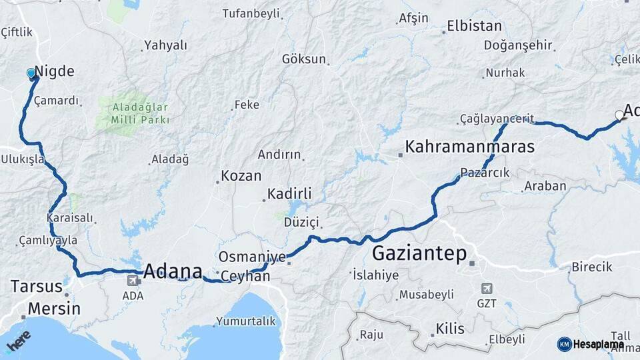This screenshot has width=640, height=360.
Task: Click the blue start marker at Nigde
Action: (x=31, y=73)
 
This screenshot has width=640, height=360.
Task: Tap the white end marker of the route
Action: (x=619, y=115)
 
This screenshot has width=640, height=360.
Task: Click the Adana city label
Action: (x=173, y=271)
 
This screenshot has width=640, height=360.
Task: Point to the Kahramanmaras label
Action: (x=470, y=147)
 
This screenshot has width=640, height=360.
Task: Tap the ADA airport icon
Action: (x=132, y=281)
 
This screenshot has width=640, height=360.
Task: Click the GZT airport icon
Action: (x=487, y=289)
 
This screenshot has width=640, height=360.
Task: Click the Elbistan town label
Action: (x=474, y=27)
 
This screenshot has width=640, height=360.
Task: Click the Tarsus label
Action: (x=36, y=287)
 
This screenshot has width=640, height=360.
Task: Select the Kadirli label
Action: (x=289, y=194)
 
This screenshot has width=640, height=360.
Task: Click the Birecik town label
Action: (x=591, y=267)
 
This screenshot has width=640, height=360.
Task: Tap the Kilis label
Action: (x=450, y=328)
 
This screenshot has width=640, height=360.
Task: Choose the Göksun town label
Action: (x=304, y=59)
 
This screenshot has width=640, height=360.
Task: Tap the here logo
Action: (x=19, y=341)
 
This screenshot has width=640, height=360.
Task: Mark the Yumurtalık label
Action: (x=245, y=321)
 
